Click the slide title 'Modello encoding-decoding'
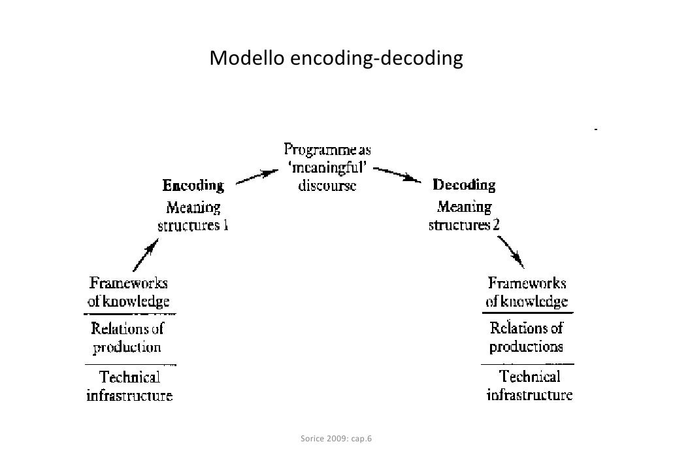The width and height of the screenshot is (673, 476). click(x=336, y=59)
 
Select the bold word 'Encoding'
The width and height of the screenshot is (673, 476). click(x=193, y=186)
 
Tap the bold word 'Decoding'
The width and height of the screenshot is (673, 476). click(x=464, y=185)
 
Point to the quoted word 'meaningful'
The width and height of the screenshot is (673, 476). click(x=327, y=168)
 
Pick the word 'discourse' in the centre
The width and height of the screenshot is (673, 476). click(x=327, y=185)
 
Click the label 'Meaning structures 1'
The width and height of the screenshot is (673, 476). click(x=193, y=217)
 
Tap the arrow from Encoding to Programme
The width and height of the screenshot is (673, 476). click(x=254, y=177)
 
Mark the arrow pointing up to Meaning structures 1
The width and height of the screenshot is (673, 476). click(x=145, y=254)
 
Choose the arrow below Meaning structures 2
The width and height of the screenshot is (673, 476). click(x=512, y=252)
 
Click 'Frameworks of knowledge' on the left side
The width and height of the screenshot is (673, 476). click(x=129, y=292)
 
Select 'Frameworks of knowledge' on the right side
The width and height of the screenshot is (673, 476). click(x=527, y=292)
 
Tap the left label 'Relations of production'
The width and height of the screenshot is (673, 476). click(x=127, y=337)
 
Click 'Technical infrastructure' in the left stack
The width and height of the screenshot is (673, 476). click(x=129, y=386)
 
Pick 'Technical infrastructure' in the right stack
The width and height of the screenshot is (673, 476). click(x=529, y=385)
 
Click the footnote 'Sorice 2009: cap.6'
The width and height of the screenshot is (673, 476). click(x=336, y=438)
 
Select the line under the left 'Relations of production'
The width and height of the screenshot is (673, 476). click(x=131, y=364)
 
